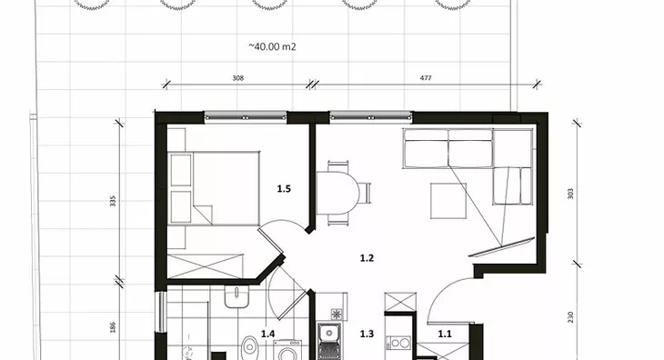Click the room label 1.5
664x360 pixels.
(x=284, y=189)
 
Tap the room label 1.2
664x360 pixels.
(x=367, y=258)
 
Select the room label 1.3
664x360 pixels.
(x=367, y=334)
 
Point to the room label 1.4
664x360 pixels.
(x=267, y=334)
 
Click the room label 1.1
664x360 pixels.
(x=445, y=334)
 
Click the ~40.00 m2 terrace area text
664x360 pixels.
(x=272, y=46)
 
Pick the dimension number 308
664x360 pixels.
(x=238, y=78)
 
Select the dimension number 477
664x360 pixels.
(x=426, y=78)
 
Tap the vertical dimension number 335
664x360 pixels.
(x=113, y=201)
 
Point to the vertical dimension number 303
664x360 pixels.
(x=570, y=194)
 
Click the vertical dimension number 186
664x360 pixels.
(x=113, y=327)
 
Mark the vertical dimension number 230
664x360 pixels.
(x=570, y=317)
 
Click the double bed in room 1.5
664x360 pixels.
(x=214, y=188)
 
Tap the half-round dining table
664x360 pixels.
(x=337, y=193)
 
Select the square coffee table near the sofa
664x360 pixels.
(x=448, y=201)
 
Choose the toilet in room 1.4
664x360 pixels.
(x=250, y=348)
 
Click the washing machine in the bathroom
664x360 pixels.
(x=287, y=350)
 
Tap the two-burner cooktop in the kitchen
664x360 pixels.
(x=399, y=343)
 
